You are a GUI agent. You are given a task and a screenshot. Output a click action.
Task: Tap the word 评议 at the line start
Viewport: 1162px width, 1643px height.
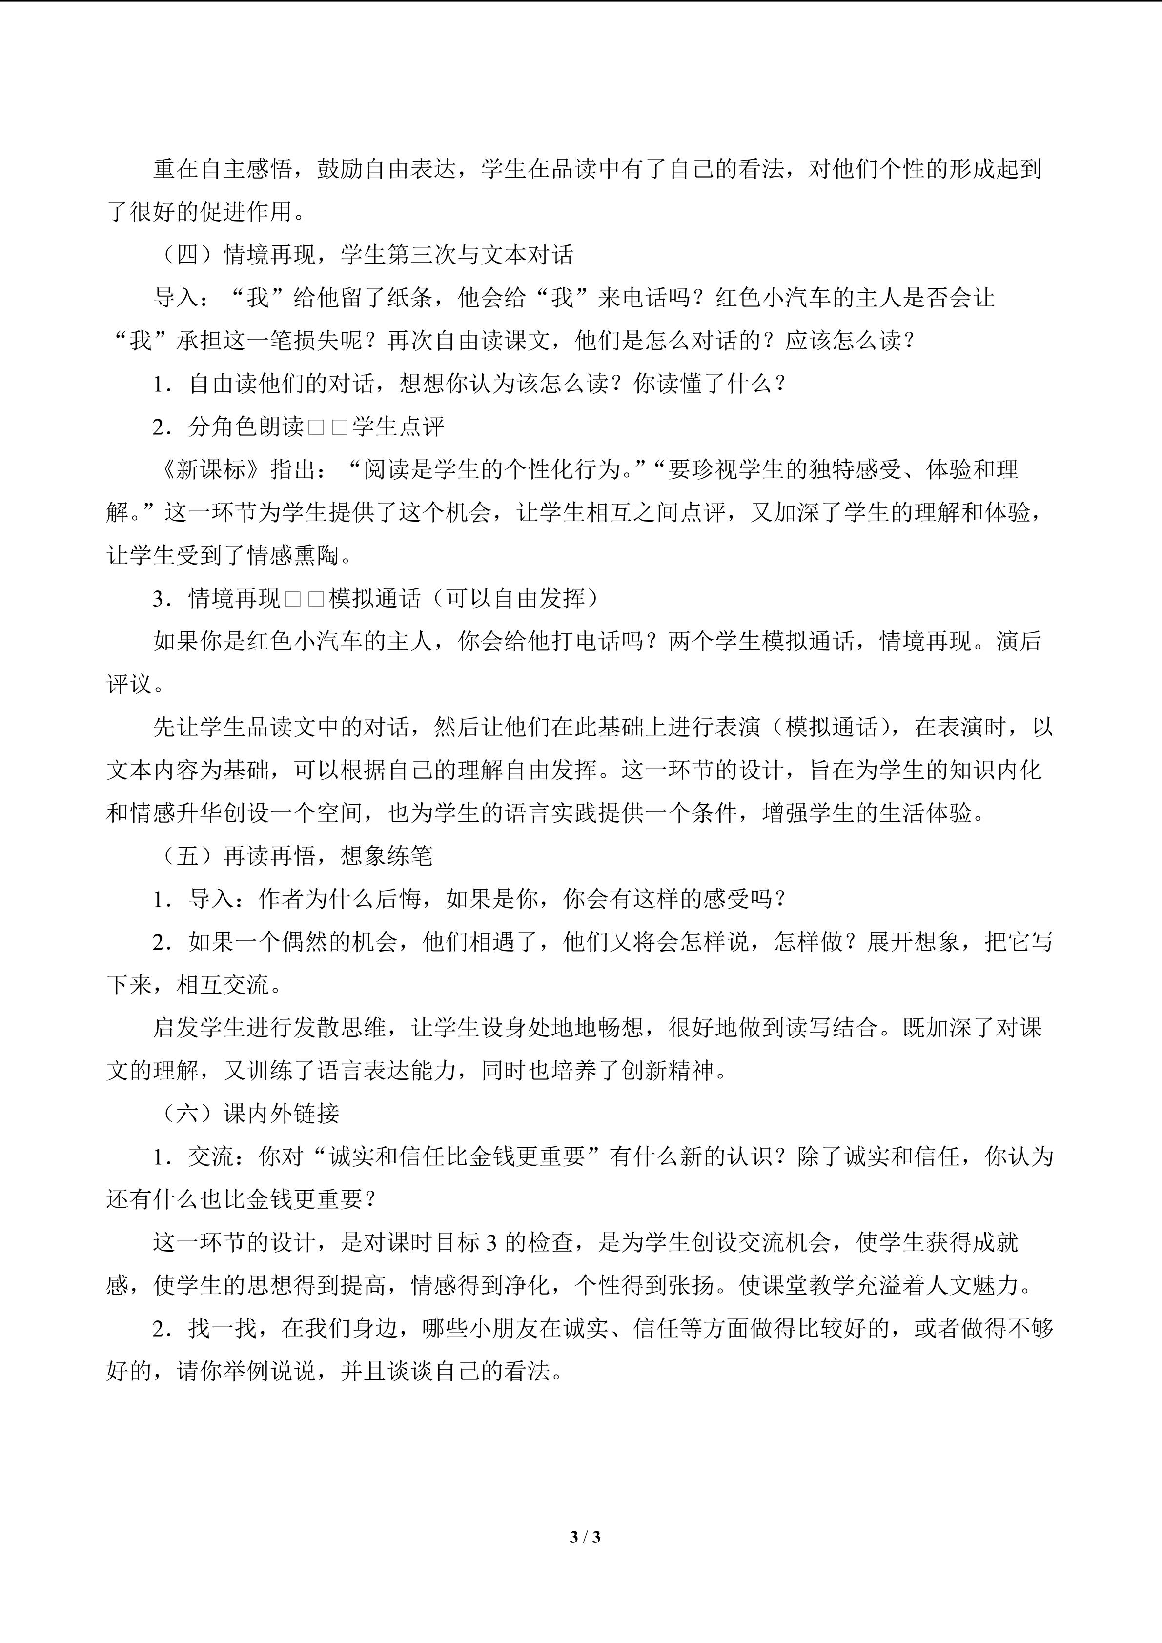pyautogui.click(x=129, y=684)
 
